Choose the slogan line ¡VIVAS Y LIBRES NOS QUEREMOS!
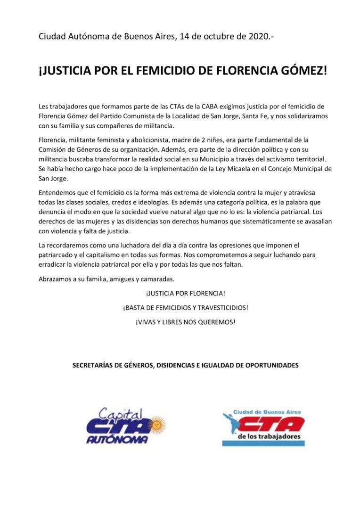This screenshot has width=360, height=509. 185,322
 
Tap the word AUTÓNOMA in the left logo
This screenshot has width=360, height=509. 117,440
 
